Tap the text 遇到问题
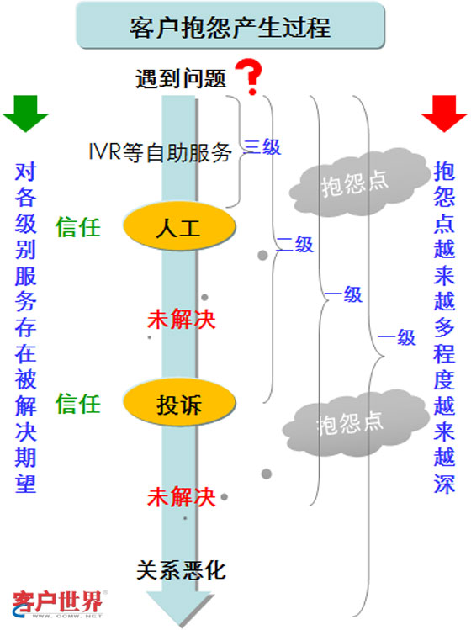tap(181, 79)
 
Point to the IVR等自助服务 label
tap(160, 153)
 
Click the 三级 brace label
tap(262, 147)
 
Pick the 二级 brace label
tap(295, 245)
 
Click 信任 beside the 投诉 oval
tap(78, 404)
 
